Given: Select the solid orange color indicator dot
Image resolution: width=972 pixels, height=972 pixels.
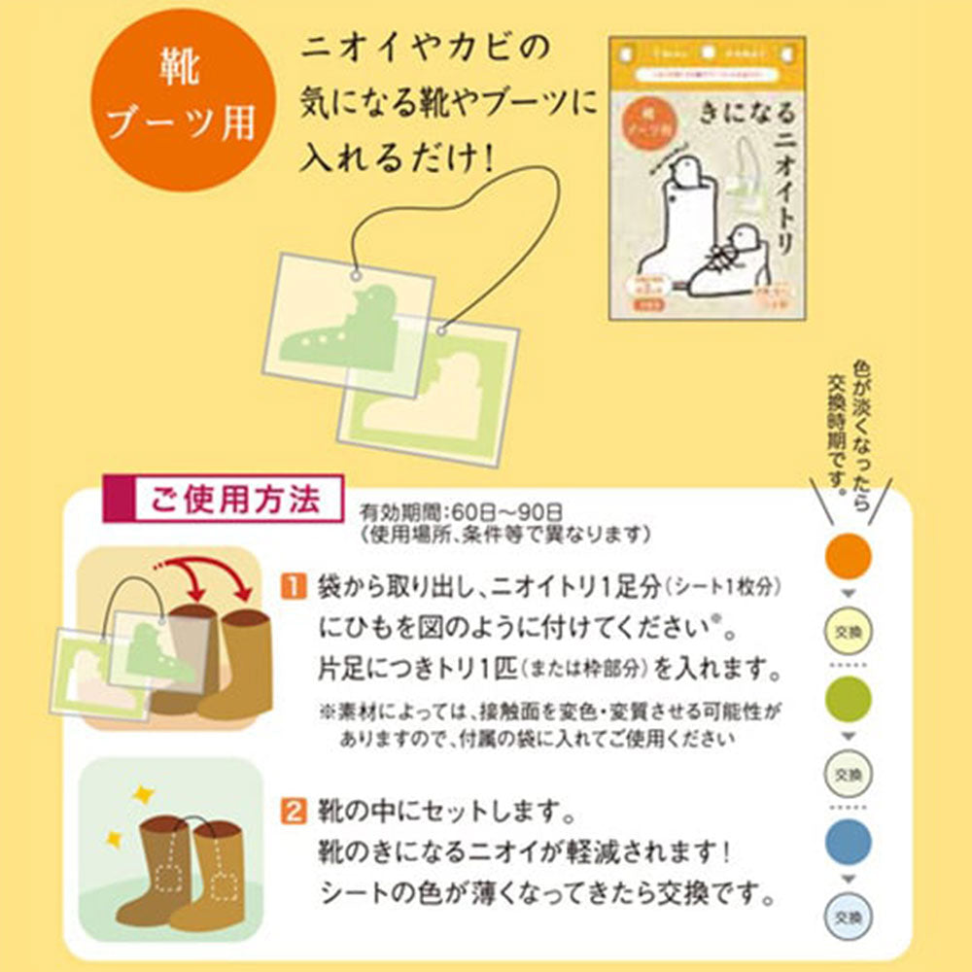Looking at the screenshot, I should click(848, 556).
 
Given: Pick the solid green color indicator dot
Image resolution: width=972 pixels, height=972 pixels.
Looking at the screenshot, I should click(848, 699).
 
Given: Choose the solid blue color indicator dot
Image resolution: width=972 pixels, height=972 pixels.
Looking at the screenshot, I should click(848, 842).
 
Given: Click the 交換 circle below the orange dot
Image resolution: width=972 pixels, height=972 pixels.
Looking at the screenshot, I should click(848, 630).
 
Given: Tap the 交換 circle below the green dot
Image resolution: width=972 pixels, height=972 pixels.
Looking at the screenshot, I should click(848, 774).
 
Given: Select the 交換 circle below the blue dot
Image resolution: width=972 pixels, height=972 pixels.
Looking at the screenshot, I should click(848, 916).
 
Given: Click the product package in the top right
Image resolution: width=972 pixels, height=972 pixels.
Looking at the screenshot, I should click(707, 179).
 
